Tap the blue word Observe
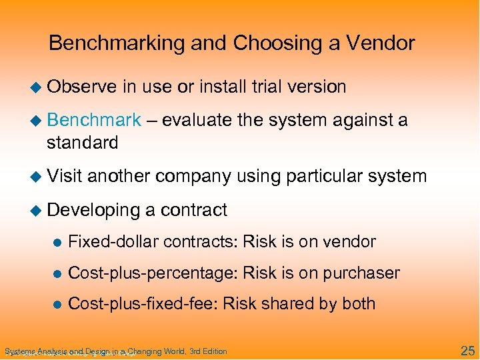(79, 87)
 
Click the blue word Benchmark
(94, 120)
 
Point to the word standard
(82, 142)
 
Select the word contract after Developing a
(193, 210)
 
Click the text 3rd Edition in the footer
(208, 351)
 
